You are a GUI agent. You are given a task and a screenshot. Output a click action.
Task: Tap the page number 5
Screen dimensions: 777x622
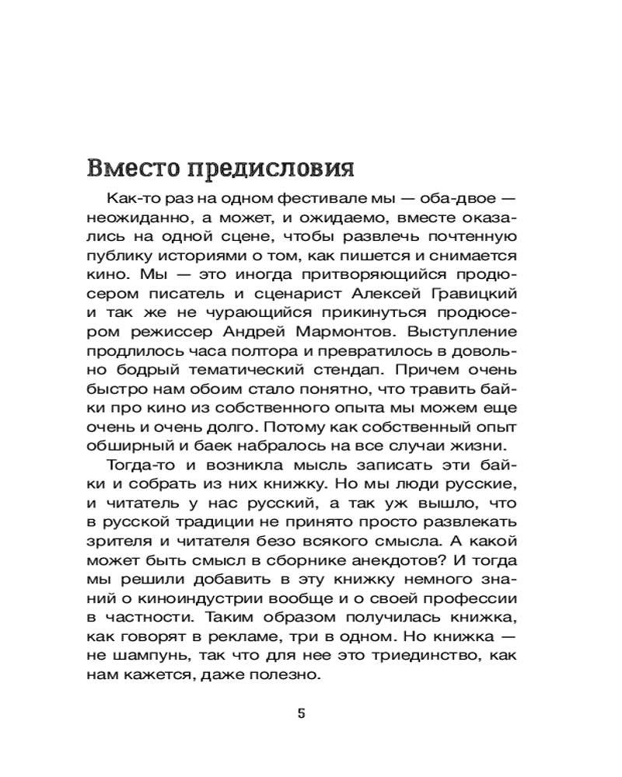click(302, 714)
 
